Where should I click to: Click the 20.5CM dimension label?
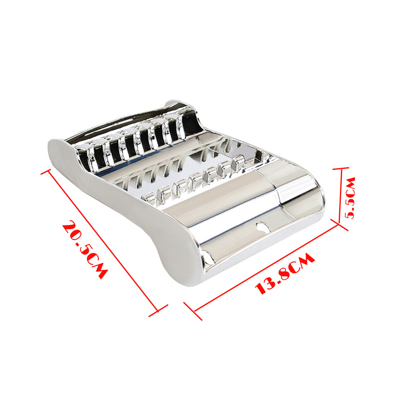coord(85,250)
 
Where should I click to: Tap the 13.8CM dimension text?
coord(284,274)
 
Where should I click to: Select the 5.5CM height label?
coord(350,198)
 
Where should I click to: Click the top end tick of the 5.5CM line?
coord(341,169)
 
